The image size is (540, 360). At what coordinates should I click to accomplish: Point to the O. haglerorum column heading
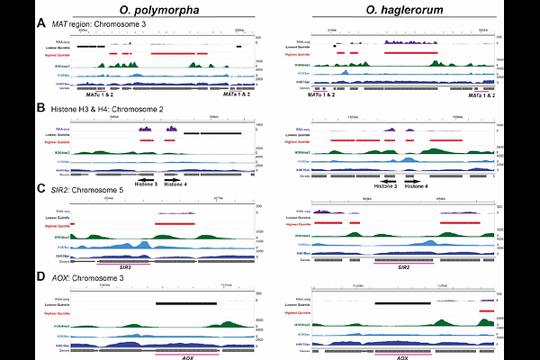(x=401, y=8)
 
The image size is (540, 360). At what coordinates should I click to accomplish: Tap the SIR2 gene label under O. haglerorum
(x=404, y=268)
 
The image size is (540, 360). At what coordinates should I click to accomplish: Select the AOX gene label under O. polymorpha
(x=187, y=356)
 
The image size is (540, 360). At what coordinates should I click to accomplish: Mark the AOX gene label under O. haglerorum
(x=405, y=356)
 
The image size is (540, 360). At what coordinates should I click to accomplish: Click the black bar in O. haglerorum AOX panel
(x=404, y=303)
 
